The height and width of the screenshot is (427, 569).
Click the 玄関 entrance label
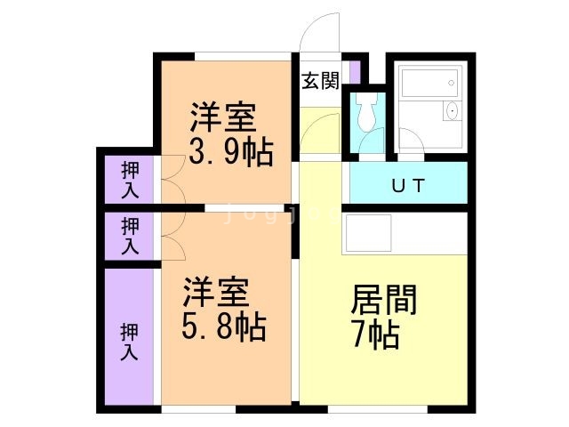pos(320,80)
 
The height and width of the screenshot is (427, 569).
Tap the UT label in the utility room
pos(408,186)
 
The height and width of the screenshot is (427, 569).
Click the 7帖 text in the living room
pos(376,334)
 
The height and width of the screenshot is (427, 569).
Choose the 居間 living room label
pos(383,300)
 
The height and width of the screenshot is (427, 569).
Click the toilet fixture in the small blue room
pos(366,111)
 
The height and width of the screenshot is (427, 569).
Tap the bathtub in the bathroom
pos(429,83)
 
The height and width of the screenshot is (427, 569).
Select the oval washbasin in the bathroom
pos(453,110)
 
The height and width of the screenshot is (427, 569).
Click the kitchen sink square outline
pos(368,233)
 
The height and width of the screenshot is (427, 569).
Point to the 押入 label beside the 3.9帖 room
pos(130,180)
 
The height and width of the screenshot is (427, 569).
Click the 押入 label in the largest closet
pos(129,342)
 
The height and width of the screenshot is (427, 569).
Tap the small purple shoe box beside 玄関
pos(355,72)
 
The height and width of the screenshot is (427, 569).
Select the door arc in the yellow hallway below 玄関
pos(314,124)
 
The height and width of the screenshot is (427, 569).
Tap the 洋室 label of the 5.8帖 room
pos(216,292)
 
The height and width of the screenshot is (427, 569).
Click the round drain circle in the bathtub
pos(451,83)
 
